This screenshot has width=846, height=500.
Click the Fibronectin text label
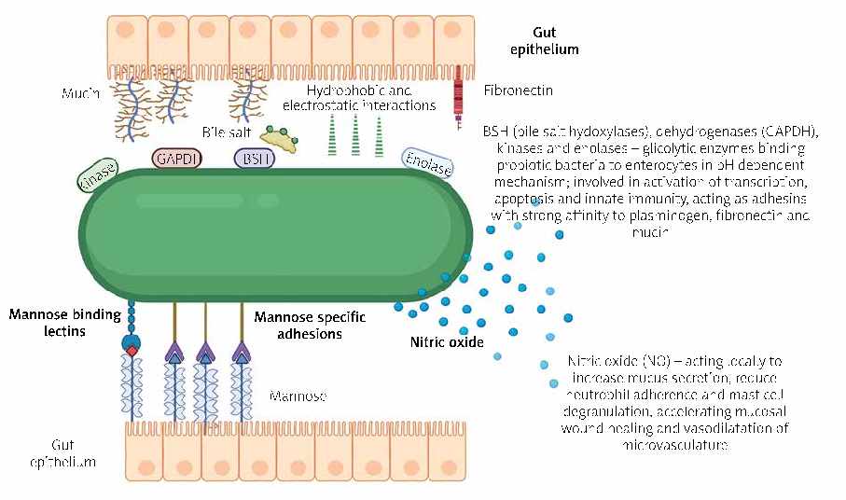(519, 90)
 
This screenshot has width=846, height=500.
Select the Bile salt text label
(225, 132)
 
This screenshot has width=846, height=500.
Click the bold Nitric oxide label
(447, 342)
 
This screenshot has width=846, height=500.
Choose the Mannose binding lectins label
(63, 322)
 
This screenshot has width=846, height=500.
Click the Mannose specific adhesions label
(310, 325)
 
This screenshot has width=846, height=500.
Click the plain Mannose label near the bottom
(298, 396)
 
